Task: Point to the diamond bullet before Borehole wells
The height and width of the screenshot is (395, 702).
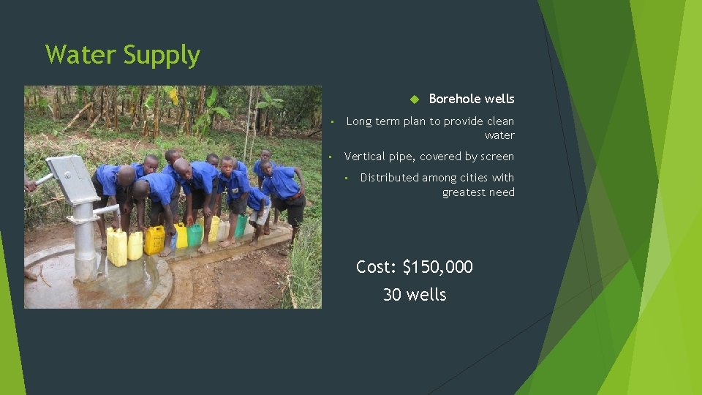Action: [412, 99]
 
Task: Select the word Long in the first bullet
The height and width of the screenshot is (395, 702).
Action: [358, 121]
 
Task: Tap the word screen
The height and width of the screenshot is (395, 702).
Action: [497, 157]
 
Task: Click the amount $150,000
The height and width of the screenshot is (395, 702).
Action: [437, 268]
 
